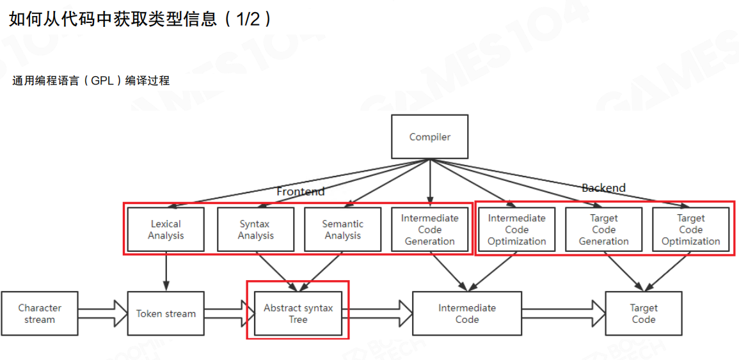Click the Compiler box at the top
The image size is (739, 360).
429,137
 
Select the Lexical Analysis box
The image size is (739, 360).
166,230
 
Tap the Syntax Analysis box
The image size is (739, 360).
255,230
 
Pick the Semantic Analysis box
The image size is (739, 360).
342,230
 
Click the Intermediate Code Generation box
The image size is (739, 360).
429,230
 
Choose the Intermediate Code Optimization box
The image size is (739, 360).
516,230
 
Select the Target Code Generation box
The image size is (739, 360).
603,230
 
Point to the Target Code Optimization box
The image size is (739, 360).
690,230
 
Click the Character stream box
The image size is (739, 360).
40,313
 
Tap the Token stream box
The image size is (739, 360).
166,313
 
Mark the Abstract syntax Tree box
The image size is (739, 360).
298,313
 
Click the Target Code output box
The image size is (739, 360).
643,313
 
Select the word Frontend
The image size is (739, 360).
301,191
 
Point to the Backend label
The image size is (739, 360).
603,188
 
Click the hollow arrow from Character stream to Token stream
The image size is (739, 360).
103,313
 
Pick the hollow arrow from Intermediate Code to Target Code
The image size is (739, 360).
564,313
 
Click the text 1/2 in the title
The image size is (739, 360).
250,19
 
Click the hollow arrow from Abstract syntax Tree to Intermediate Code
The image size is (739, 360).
377,313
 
